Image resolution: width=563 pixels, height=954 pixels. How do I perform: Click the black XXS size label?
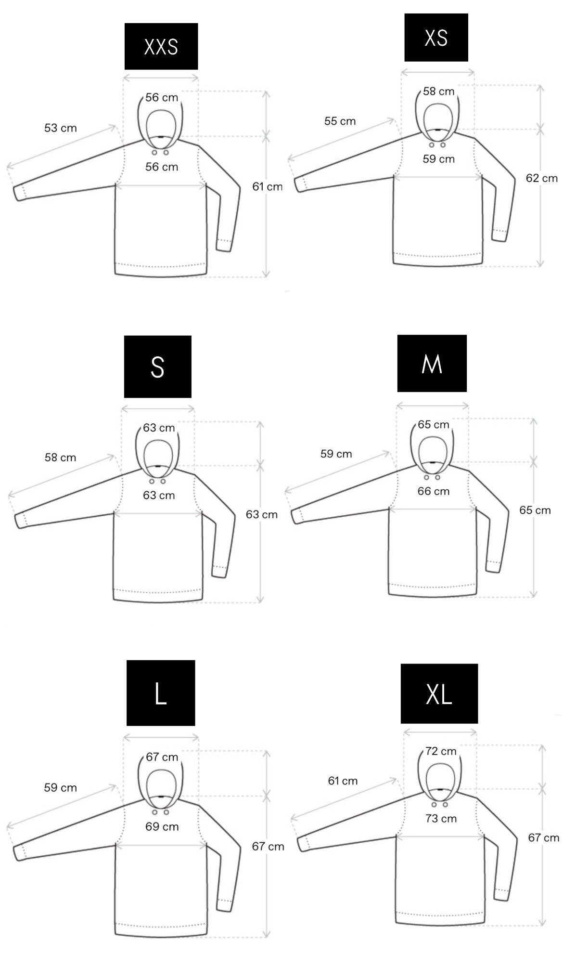click(161, 46)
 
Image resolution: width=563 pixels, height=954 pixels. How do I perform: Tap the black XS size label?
click(436, 38)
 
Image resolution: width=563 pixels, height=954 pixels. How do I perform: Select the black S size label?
click(158, 366)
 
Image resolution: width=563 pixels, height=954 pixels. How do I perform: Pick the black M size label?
click(432, 363)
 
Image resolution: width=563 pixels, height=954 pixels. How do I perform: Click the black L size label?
click(161, 693)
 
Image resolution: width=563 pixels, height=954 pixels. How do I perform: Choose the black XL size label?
click(439, 693)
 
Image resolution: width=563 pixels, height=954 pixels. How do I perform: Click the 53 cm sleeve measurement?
click(61, 128)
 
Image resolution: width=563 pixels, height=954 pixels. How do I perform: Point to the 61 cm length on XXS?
click(268, 186)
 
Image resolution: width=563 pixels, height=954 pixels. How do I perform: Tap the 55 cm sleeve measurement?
click(340, 121)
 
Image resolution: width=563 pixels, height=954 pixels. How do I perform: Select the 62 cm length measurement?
click(542, 178)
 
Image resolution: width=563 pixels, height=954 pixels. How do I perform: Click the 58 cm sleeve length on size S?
click(61, 457)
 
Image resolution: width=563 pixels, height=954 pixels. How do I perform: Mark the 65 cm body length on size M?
click(535, 510)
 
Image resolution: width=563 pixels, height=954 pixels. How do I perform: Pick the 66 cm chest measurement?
click(434, 491)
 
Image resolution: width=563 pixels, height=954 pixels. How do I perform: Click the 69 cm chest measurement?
click(162, 826)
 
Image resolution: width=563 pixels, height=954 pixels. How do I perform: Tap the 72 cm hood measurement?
click(441, 751)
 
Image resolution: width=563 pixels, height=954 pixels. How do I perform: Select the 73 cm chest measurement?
click(441, 818)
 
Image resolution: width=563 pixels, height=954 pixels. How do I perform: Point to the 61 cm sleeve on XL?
click(343, 781)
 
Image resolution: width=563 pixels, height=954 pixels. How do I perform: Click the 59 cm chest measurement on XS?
click(439, 159)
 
